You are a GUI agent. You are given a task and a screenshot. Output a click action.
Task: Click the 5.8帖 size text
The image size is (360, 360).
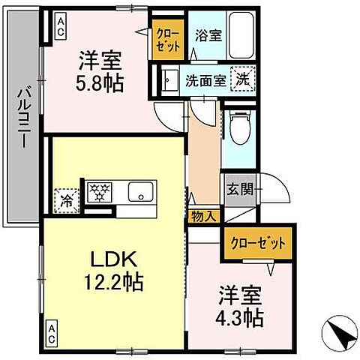point(98,81)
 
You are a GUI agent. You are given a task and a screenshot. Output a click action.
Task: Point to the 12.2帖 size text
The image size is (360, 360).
point(115,283)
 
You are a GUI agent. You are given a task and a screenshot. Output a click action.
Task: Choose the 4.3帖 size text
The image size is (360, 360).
point(241,316)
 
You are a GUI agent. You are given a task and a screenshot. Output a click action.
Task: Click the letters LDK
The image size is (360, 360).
point(113,261)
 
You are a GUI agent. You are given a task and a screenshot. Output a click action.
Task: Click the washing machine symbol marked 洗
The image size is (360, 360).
point(244,76)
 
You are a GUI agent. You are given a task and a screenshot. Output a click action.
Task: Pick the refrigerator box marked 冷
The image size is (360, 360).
point(66,201)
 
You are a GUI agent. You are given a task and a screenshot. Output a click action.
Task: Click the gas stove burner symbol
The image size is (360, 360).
point(98,193)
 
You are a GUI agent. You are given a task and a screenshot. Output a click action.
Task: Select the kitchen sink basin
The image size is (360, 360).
point(140,193)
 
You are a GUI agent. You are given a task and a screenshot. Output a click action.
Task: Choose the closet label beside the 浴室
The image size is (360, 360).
point(166,38)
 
